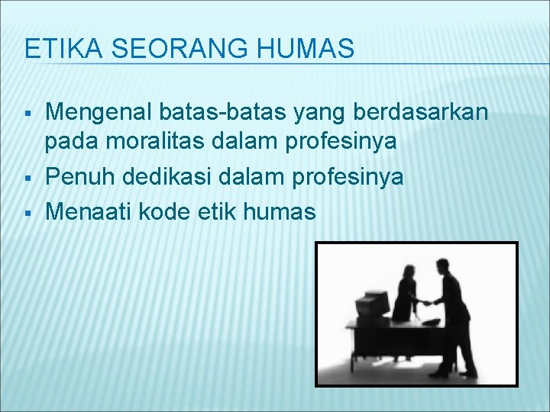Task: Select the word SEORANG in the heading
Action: tap(149, 50)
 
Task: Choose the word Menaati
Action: tap(89, 211)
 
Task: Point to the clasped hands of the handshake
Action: tap(427, 302)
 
